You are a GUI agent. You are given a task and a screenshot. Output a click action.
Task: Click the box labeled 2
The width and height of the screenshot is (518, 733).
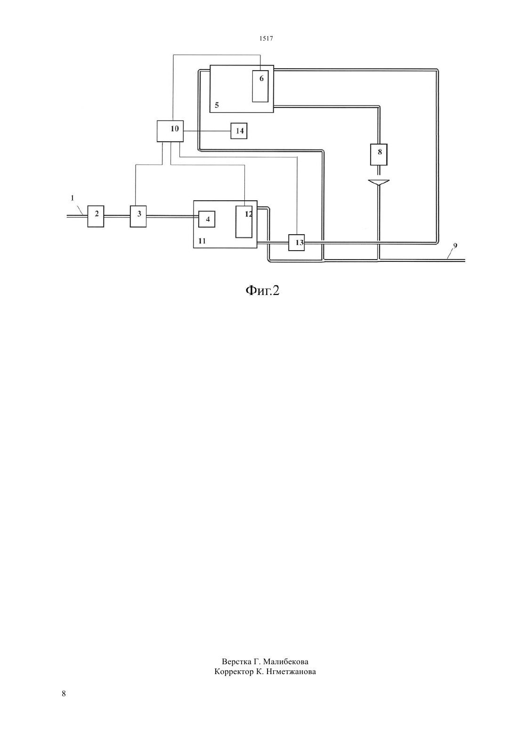tap(96, 216)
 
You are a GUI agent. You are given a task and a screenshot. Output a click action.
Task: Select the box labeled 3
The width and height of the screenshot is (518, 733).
tap(138, 216)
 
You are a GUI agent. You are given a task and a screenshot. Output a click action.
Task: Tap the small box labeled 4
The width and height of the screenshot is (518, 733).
tap(207, 219)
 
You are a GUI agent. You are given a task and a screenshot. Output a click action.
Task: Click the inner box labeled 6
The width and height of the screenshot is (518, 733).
tap(260, 86)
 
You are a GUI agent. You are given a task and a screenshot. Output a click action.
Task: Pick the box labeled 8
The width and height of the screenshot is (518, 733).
tap(379, 155)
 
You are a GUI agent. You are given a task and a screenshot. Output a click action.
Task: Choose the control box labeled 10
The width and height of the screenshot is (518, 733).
tap(170, 131)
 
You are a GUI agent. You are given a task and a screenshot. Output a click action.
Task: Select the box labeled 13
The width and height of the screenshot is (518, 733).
tap(296, 243)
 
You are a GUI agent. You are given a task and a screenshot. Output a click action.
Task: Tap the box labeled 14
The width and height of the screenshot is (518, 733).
tap(239, 131)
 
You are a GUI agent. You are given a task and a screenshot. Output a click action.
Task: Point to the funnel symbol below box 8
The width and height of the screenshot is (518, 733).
tap(379, 182)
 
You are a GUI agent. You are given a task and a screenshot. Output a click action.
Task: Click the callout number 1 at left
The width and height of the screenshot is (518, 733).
tap(73, 198)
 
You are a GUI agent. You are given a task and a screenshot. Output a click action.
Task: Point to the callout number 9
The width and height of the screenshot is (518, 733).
tap(455, 246)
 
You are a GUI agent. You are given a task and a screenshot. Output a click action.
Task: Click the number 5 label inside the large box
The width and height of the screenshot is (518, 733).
tap(217, 106)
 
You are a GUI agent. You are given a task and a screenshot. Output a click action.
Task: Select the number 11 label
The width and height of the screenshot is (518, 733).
tap(202, 241)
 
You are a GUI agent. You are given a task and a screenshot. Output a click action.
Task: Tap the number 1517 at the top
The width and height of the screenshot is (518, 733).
tap(266, 38)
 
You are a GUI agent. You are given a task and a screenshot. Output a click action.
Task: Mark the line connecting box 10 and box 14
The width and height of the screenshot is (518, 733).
tap(207, 131)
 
